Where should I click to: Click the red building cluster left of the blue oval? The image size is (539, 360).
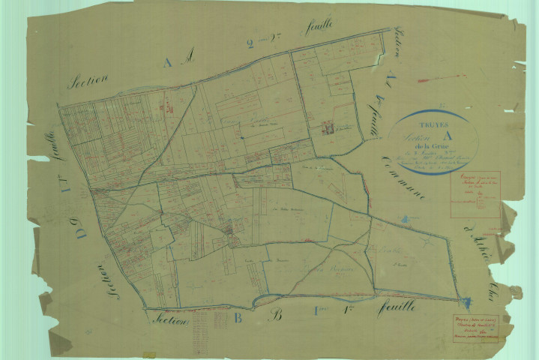[x=326, y=128]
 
